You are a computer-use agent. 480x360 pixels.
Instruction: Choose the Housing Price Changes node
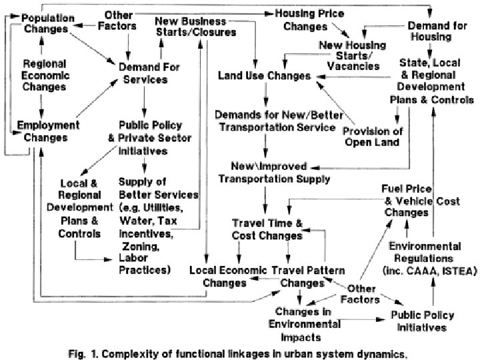click(x=305, y=19)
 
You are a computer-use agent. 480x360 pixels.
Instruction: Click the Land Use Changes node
click(x=264, y=77)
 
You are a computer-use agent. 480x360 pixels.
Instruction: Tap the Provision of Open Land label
click(x=373, y=136)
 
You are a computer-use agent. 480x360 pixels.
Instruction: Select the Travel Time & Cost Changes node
click(x=267, y=229)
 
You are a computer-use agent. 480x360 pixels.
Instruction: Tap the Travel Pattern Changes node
click(x=309, y=276)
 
